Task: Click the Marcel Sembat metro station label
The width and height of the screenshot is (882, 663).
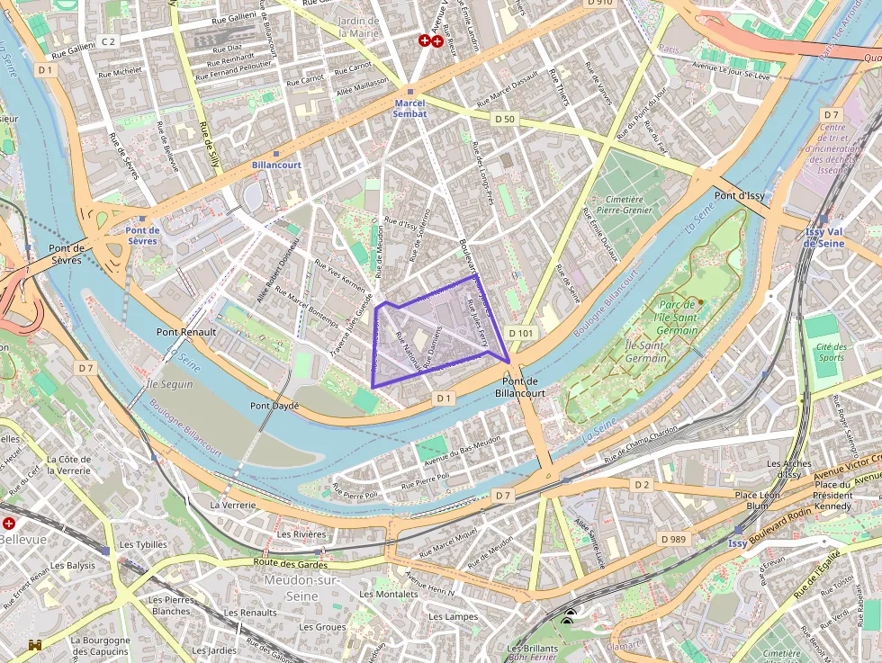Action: click(409, 108)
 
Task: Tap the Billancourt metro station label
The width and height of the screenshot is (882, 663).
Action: click(276, 166)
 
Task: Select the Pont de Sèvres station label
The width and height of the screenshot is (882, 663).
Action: click(142, 235)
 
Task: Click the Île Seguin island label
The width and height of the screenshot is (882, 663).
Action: click(169, 385)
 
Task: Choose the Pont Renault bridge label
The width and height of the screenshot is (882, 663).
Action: click(186, 332)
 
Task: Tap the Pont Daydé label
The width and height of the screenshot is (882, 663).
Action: click(274, 406)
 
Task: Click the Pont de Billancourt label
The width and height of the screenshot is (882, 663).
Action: click(520, 387)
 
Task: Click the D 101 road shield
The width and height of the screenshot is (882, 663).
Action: click(521, 333)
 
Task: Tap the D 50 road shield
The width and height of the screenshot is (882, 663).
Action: click(504, 119)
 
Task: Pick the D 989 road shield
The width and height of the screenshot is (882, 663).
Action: click(672, 539)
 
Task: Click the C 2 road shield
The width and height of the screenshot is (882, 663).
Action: click(108, 41)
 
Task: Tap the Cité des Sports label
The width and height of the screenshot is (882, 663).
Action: click(831, 352)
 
